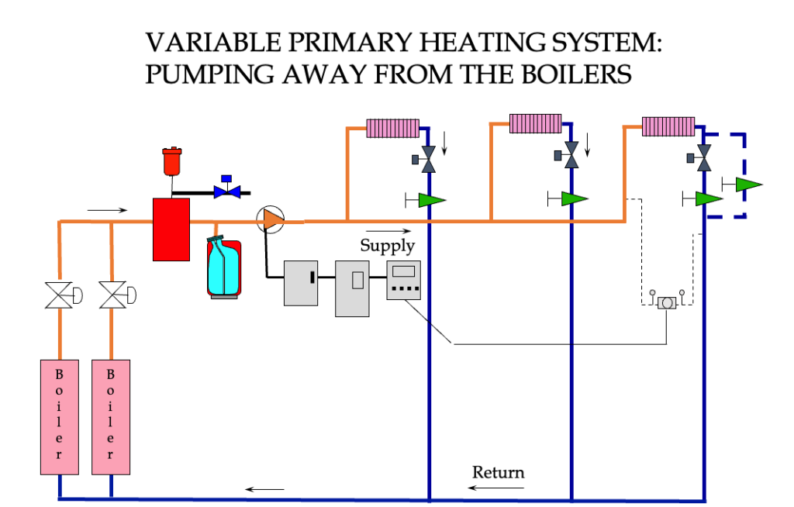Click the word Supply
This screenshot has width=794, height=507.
click(387, 246)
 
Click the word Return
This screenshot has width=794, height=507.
click(498, 472)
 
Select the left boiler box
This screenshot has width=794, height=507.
click(60, 416)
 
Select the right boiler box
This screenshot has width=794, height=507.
click(111, 416)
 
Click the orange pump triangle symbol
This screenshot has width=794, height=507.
click(272, 220)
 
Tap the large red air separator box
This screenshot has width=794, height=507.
click(171, 229)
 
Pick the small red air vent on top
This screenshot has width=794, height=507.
click(171, 160)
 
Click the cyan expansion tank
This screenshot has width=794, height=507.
click(223, 267)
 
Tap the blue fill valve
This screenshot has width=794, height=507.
click(226, 189)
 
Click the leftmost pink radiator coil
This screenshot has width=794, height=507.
click(392, 128)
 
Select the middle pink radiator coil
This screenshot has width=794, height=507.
click(535, 124)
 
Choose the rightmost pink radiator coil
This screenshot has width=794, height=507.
click(668, 126)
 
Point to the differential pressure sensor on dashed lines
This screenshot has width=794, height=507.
click(667, 303)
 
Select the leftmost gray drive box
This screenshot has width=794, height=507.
click(302, 282)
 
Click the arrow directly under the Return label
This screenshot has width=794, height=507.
click(496, 488)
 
